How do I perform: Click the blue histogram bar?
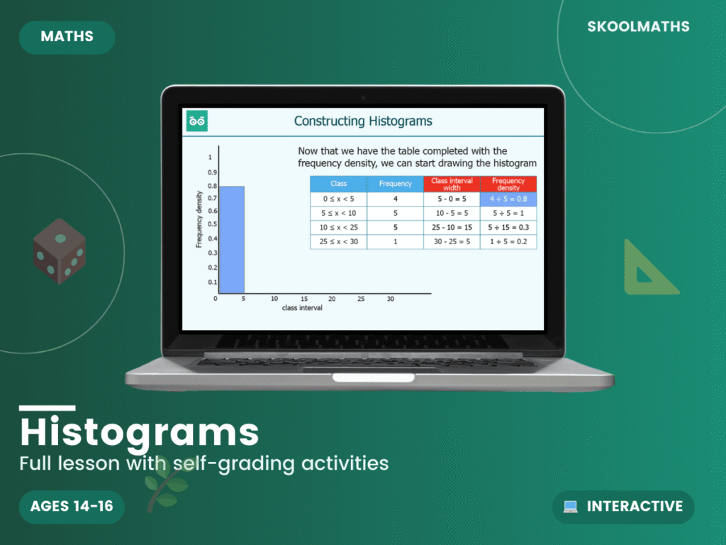click(x=231, y=240)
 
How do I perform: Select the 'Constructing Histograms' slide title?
click(x=363, y=121)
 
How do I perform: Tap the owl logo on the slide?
click(x=196, y=121)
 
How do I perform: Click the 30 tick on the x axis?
click(x=390, y=299)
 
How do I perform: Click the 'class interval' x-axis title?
click(x=302, y=309)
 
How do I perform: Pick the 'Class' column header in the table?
click(x=338, y=184)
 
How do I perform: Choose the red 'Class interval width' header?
click(x=452, y=184)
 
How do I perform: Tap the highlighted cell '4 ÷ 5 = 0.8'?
click(x=508, y=199)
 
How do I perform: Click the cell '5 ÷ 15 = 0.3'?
click(x=508, y=227)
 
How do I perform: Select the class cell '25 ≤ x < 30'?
click(x=338, y=241)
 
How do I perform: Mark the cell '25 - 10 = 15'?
click(x=452, y=227)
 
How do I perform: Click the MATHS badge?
click(x=67, y=37)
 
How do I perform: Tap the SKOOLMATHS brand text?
click(x=638, y=27)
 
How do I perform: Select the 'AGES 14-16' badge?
click(x=72, y=506)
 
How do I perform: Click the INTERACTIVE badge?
click(x=623, y=507)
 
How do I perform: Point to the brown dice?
click(x=60, y=251)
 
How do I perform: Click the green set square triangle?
click(x=647, y=270)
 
